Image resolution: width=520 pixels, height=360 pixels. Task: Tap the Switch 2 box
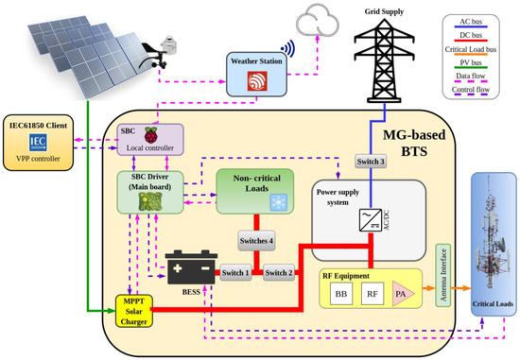coord(279,273)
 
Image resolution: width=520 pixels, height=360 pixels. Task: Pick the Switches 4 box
coord(256,241)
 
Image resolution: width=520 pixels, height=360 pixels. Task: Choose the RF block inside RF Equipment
coord(373,298)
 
